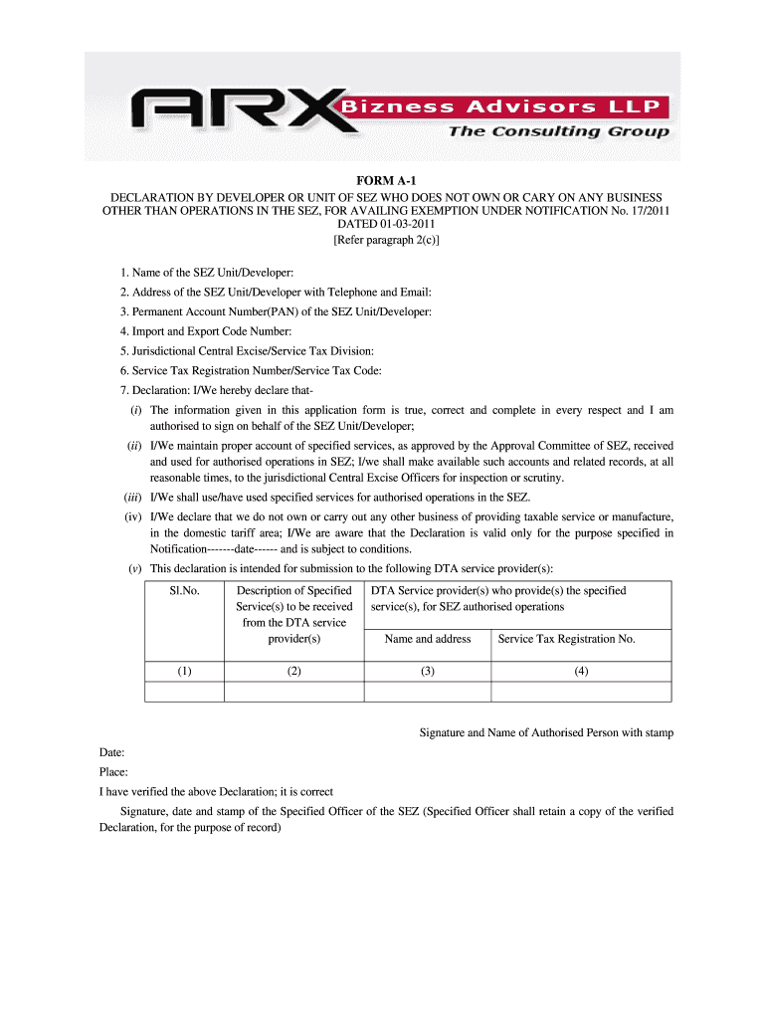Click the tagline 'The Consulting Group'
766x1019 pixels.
(558, 131)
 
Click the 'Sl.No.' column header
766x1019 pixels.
(185, 591)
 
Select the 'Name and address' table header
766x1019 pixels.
(428, 639)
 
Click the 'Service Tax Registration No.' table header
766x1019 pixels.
(567, 639)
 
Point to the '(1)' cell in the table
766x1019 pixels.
(185, 671)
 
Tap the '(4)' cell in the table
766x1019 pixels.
(581, 671)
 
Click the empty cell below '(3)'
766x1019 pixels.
(428, 692)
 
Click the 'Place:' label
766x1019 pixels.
(113, 773)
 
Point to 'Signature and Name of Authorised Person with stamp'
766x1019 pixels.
(546, 732)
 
